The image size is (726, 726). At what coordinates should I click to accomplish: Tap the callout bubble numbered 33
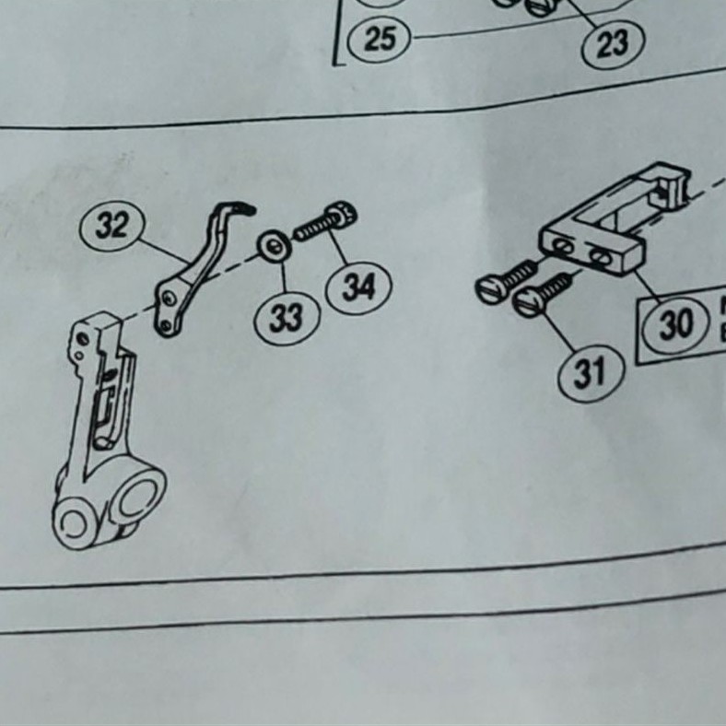pyautogui.click(x=287, y=318)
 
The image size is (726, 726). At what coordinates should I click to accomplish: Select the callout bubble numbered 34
pyautogui.click(x=359, y=287)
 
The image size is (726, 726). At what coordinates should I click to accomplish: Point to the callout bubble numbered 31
pyautogui.click(x=591, y=372)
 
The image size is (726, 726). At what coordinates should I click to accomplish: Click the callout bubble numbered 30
pyautogui.click(x=675, y=324)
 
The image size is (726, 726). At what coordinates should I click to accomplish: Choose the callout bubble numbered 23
pyautogui.click(x=613, y=42)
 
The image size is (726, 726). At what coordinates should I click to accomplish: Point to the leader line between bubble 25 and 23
pyautogui.click(x=498, y=33)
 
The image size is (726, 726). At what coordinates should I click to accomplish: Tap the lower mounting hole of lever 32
pyautogui.click(x=165, y=322)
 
